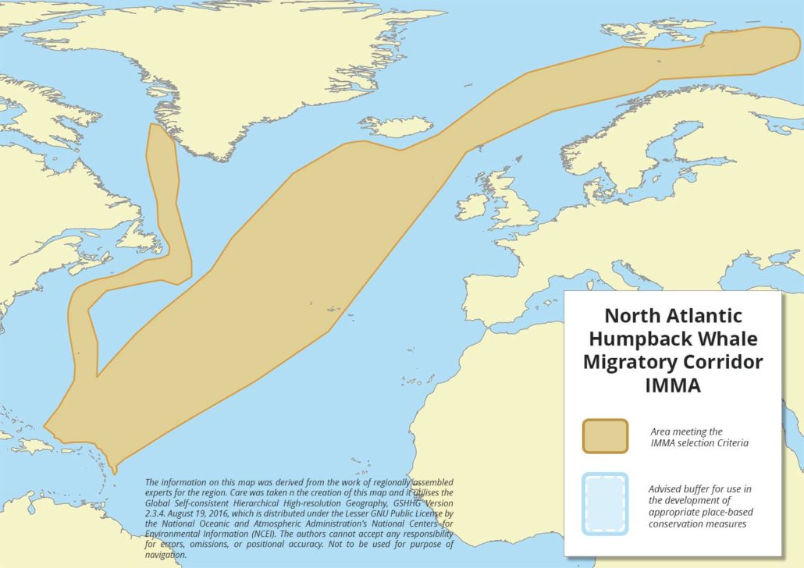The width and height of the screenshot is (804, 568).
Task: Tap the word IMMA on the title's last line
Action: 672,385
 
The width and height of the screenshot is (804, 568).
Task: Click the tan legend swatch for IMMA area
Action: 605,436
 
